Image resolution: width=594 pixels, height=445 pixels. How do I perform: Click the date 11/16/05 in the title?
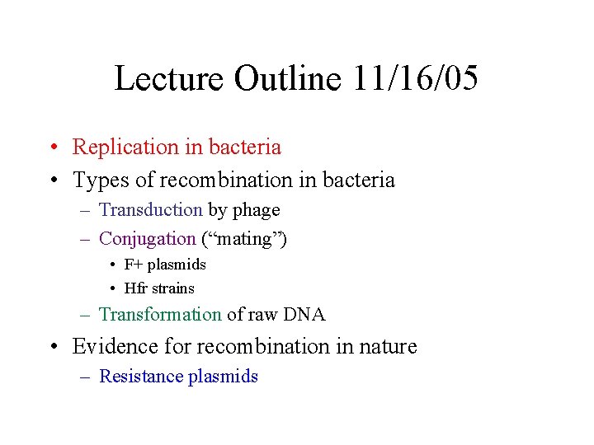tap(415, 79)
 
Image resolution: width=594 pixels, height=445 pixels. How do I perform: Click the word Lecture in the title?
tap(169, 79)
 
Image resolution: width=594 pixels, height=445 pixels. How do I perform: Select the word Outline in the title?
tap(287, 79)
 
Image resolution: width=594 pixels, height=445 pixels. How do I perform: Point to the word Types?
tap(100, 180)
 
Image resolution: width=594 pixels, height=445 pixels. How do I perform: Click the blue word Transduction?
tap(150, 210)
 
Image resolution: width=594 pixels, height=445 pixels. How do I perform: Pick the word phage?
tap(256, 211)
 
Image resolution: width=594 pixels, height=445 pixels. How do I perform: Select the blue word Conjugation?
tap(147, 239)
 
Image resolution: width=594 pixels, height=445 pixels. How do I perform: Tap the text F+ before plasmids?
tap(134, 265)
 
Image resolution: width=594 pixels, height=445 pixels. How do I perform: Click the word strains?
tap(173, 288)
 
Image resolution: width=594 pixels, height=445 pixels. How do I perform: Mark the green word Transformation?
tap(160, 315)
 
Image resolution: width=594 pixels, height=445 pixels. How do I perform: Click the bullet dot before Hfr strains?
tap(111, 288)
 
